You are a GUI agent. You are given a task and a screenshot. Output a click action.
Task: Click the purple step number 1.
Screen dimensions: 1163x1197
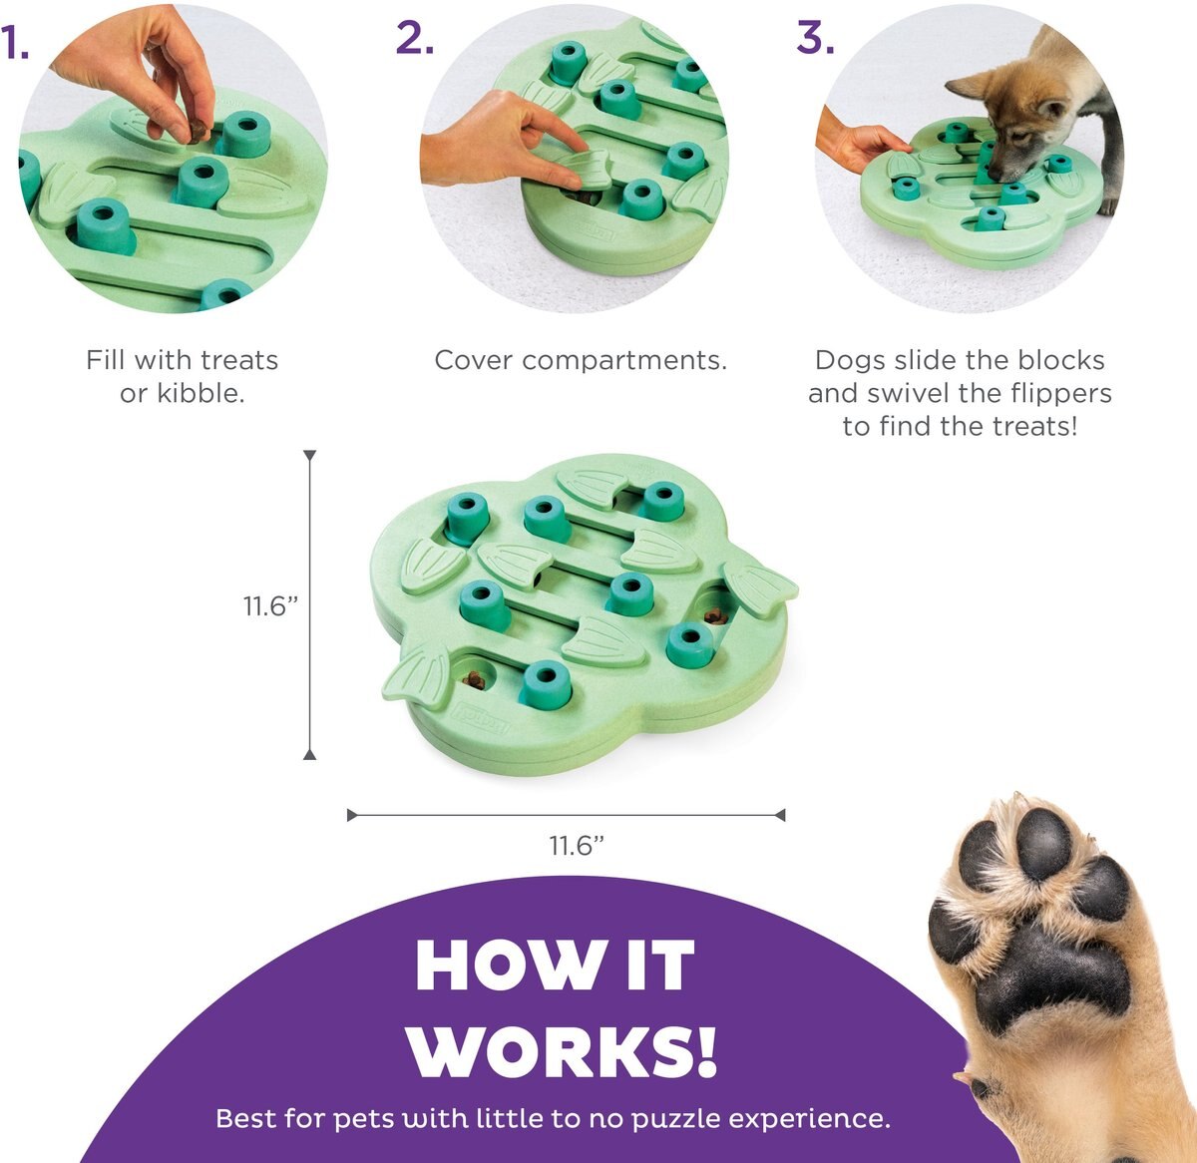15,44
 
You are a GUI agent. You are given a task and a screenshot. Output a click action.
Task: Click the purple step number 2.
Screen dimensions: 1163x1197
414,38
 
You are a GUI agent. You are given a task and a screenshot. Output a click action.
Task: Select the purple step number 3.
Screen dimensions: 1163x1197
814,38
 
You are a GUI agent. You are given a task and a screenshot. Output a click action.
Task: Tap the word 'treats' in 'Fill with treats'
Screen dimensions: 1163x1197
239,360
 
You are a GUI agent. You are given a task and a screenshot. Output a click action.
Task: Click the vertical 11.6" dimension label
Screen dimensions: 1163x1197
271,605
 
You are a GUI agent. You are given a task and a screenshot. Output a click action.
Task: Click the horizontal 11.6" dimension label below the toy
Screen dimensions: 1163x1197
578,846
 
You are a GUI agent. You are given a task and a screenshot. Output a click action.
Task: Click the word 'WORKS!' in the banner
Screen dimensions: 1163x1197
564,1049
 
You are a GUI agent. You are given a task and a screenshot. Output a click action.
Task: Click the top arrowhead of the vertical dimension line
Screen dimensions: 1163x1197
310,456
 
